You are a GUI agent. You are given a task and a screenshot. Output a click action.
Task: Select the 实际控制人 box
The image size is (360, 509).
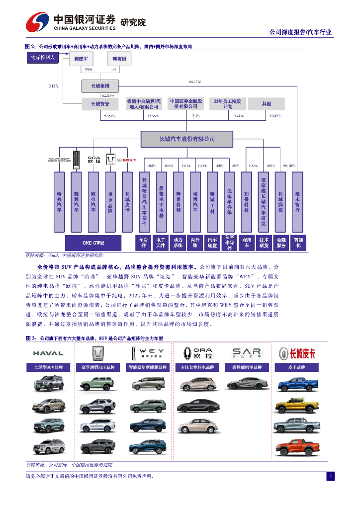pos(43,58)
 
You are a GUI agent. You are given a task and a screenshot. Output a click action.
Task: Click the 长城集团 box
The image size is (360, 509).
pos(101,86)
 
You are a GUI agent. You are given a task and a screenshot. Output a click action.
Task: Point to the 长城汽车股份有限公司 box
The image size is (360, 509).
pos(187,139)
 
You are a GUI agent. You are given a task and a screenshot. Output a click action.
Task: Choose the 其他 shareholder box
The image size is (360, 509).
pos(267,104)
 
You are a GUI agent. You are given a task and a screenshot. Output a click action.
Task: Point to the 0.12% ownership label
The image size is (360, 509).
pos(54,86)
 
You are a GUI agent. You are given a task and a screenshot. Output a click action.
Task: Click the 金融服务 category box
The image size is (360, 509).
pos(281,243)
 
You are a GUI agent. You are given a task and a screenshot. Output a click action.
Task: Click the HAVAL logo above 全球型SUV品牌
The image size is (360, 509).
pos(48,353)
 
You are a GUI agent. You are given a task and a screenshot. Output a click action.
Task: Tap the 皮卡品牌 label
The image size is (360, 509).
pos(296,368)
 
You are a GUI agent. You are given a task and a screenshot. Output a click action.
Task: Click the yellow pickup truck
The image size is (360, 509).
pos(297,406)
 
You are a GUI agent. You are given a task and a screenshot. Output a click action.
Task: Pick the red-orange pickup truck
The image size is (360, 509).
pos(297,447)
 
